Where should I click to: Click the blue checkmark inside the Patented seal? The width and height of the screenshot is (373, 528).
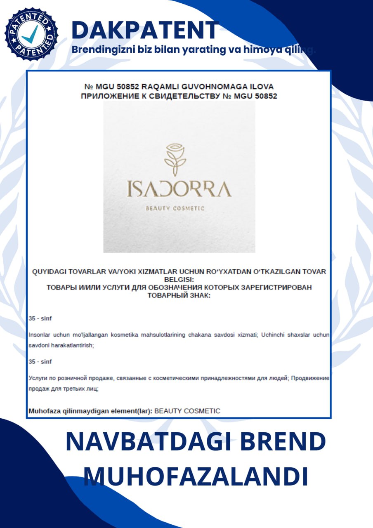(x=31, y=34)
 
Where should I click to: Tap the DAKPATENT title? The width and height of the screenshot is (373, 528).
(x=145, y=30)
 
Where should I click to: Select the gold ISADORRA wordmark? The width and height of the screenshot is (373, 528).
(x=179, y=189)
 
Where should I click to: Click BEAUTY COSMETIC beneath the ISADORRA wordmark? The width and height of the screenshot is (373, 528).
(x=175, y=208)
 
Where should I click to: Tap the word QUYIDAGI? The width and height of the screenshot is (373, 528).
(x=50, y=271)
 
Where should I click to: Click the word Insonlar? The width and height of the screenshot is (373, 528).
(x=40, y=335)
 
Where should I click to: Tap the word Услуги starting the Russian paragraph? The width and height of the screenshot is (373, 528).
(x=38, y=378)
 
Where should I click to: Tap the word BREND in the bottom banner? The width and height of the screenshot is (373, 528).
(x=283, y=442)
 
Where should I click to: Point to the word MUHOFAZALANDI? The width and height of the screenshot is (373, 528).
(x=196, y=476)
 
